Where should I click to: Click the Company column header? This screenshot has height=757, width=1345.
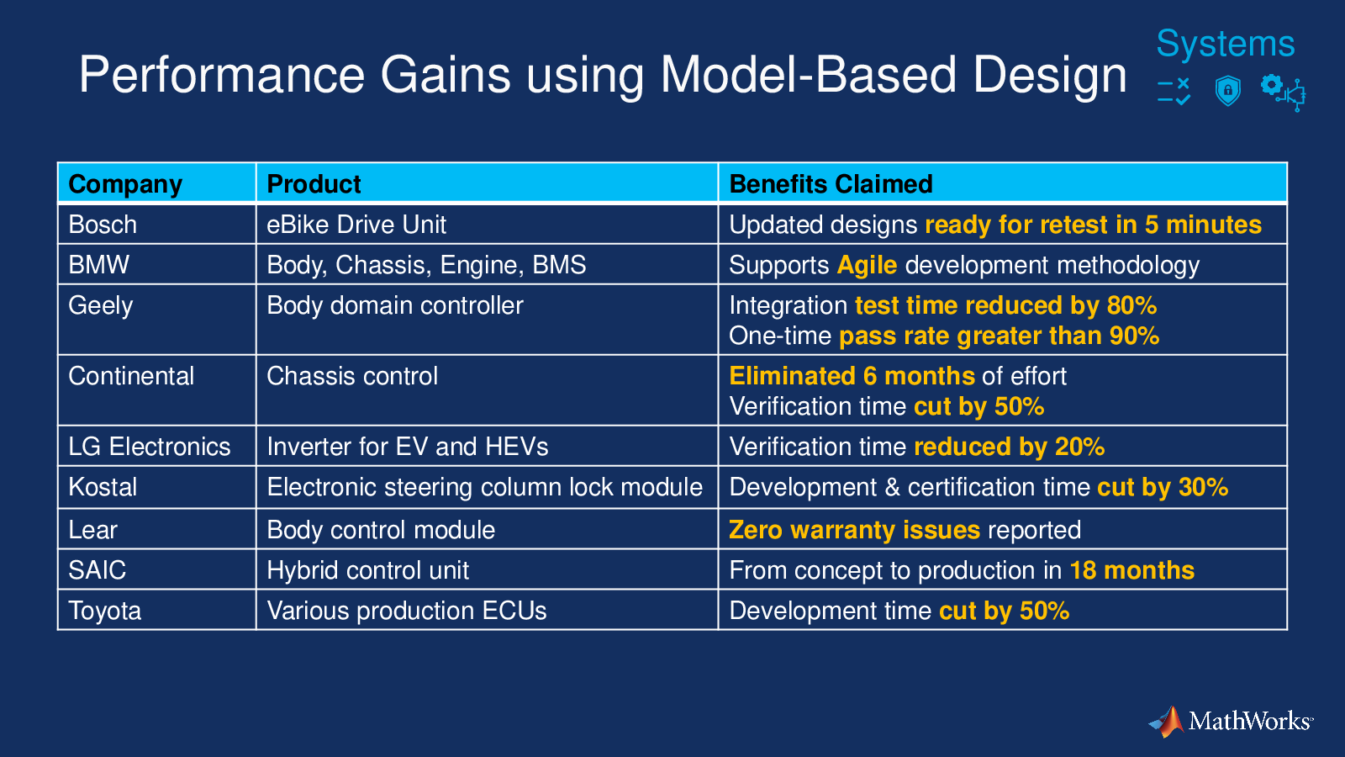pos(125,184)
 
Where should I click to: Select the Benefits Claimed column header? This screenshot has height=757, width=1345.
pos(831,184)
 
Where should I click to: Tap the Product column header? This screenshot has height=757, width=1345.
pos(314,184)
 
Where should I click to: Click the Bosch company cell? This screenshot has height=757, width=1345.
pos(103,225)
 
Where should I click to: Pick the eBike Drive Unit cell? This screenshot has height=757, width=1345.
pos(356,225)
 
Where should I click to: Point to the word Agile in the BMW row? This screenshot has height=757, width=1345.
pos(867,266)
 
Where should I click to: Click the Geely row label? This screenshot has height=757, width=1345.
pos(100,306)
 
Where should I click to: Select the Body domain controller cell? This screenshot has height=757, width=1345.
pos(395,306)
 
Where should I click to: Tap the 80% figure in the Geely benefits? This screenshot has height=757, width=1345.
pos(1131,306)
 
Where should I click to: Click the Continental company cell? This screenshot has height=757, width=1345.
pos(131,376)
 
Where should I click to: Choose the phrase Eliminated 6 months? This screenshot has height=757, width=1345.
pos(852,376)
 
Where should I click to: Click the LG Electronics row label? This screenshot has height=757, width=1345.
pos(150,447)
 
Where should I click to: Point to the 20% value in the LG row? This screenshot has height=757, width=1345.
pos(1079,447)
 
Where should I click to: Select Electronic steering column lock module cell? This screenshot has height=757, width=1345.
pos(484,487)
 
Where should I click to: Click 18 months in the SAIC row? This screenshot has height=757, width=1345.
pos(1131,570)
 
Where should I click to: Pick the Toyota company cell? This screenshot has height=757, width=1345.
pos(104,611)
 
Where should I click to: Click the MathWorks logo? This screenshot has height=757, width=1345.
pos(1231,721)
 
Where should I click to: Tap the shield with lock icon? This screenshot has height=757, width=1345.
pos(1227,91)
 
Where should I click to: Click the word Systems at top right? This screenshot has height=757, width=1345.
pos(1226,44)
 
